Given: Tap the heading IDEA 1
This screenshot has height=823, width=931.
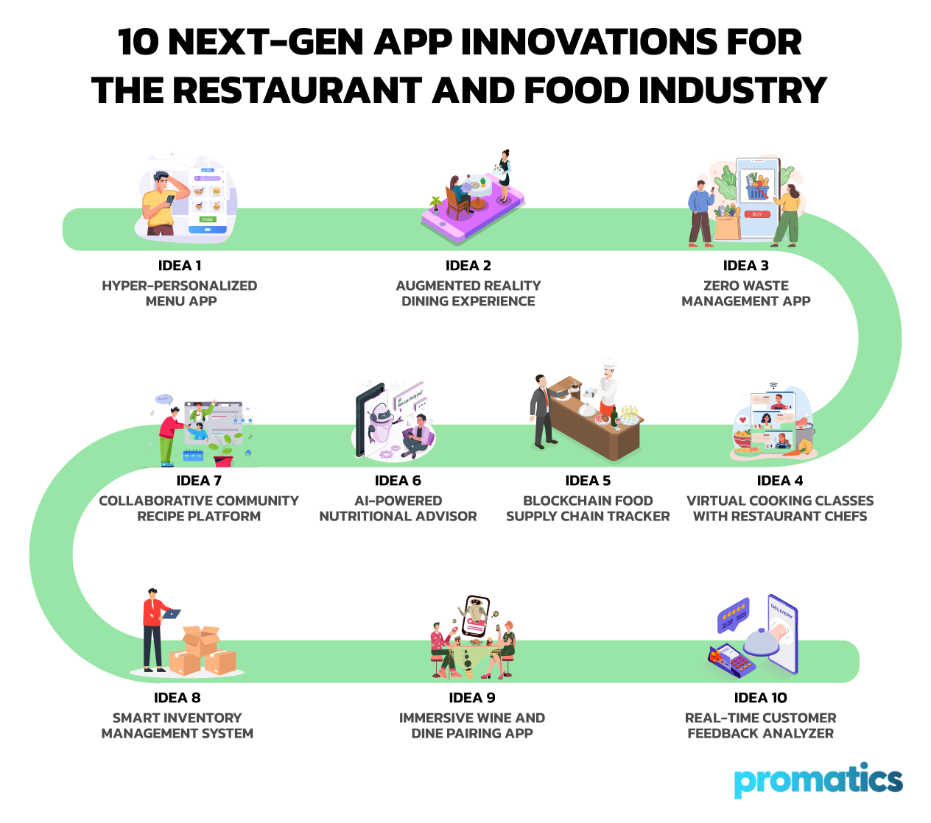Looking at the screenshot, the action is pyautogui.click(x=180, y=266).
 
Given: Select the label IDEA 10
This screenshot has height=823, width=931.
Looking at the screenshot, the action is pyautogui.click(x=760, y=698).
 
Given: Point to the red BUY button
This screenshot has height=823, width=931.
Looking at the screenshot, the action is pyautogui.click(x=757, y=214).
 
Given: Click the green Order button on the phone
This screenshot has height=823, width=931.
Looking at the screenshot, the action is pyautogui.click(x=207, y=219).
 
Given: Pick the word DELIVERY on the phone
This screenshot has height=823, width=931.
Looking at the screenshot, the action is pyautogui.click(x=781, y=611).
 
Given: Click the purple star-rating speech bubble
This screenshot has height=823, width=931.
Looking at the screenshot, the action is pyautogui.click(x=734, y=615).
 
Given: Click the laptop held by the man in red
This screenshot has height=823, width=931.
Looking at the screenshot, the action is pyautogui.click(x=172, y=614).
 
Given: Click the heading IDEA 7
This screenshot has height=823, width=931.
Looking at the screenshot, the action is pyautogui.click(x=199, y=481).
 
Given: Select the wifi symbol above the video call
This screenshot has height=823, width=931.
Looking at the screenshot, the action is pyautogui.click(x=774, y=385).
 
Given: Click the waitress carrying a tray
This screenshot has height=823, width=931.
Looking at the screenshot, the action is pyautogui.click(x=504, y=176).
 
